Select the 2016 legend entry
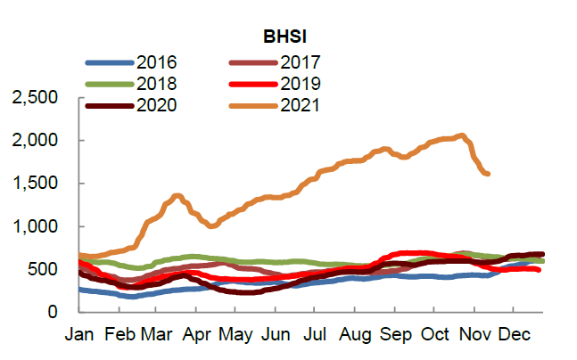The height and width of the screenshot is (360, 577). (x=158, y=62)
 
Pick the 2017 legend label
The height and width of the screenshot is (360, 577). (x=300, y=62)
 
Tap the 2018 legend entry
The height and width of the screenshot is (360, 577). (x=158, y=84)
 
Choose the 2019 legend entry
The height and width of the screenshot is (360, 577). (x=300, y=84)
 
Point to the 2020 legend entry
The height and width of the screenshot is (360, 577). (x=158, y=105)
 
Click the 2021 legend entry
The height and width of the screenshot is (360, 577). (x=300, y=105)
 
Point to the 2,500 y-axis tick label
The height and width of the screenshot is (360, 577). (x=37, y=98)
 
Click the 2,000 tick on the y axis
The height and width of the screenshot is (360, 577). (x=37, y=141)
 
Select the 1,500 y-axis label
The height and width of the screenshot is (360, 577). (x=37, y=184)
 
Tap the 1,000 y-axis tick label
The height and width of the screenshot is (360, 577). (x=37, y=226)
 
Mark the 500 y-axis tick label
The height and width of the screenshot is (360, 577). (x=50, y=269)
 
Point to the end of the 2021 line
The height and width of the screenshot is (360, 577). (x=487, y=173)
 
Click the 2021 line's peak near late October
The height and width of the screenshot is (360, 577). (x=461, y=136)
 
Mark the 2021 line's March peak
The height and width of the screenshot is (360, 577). (x=177, y=195)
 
